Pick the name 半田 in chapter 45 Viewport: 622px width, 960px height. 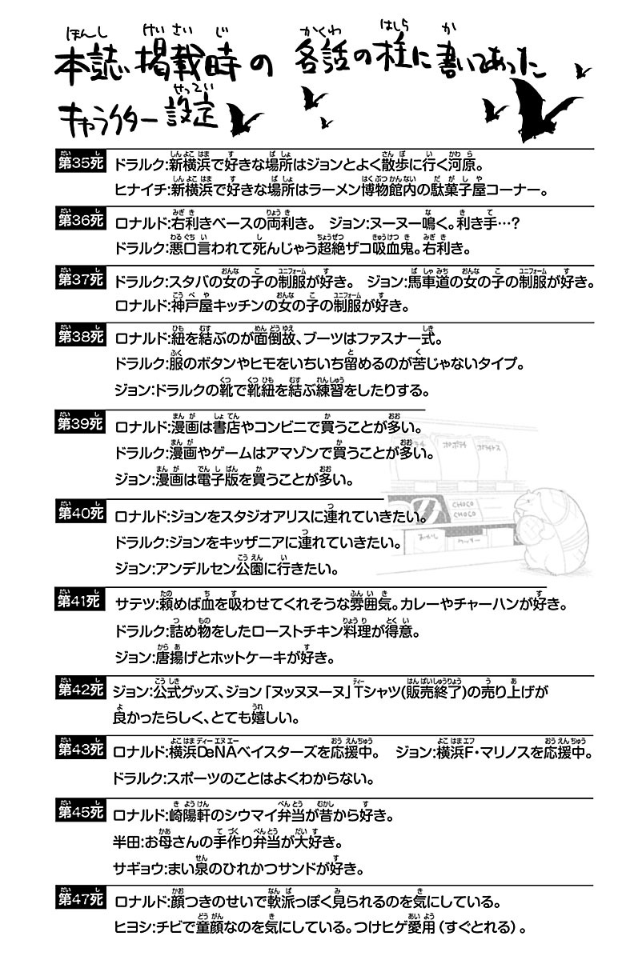tap(128, 843)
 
